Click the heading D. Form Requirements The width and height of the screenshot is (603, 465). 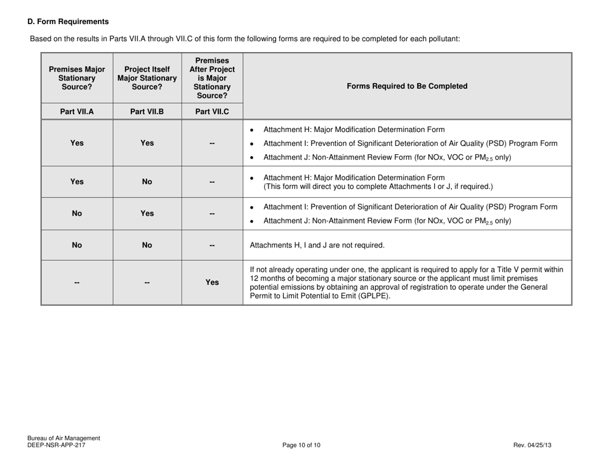68,22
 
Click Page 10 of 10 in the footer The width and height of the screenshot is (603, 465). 301,445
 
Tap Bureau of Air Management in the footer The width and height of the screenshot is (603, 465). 63,438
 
